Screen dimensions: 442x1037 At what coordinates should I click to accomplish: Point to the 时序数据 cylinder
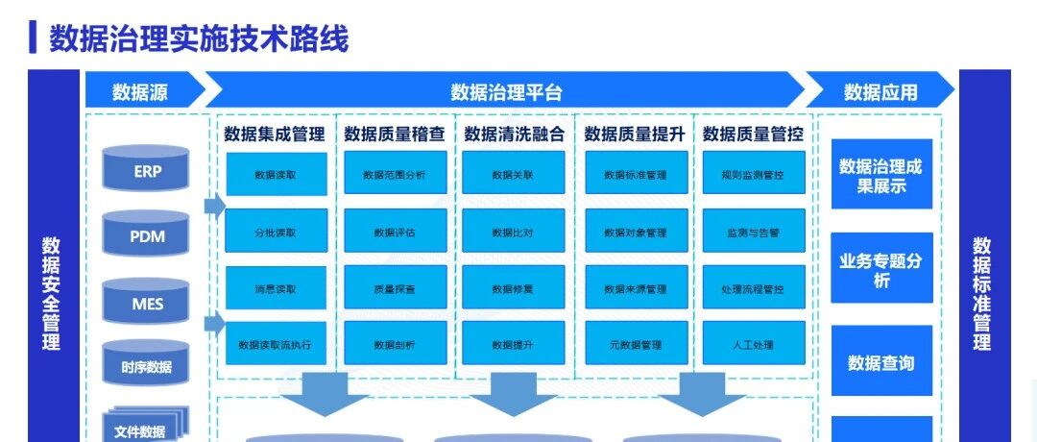click(147, 366)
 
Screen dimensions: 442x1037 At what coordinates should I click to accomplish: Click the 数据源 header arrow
click(142, 92)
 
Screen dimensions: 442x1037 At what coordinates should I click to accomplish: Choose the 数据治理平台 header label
click(506, 92)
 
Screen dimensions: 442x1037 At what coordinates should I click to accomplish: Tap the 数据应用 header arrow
click(880, 92)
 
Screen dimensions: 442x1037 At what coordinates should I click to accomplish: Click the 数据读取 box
click(276, 175)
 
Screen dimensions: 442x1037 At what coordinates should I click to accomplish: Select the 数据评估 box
click(395, 232)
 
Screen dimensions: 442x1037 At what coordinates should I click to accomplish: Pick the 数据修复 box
click(513, 288)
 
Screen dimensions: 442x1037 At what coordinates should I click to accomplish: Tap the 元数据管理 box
click(636, 344)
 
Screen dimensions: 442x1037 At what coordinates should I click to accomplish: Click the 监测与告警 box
click(753, 232)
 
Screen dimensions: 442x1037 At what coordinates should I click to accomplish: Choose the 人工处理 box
click(753, 344)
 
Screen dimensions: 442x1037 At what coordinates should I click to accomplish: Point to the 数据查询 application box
click(880, 363)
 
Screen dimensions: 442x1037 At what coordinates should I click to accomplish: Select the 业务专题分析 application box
click(880, 269)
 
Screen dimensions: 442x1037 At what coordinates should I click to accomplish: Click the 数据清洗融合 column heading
click(514, 134)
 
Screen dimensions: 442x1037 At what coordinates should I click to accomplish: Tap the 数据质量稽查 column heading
click(395, 134)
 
